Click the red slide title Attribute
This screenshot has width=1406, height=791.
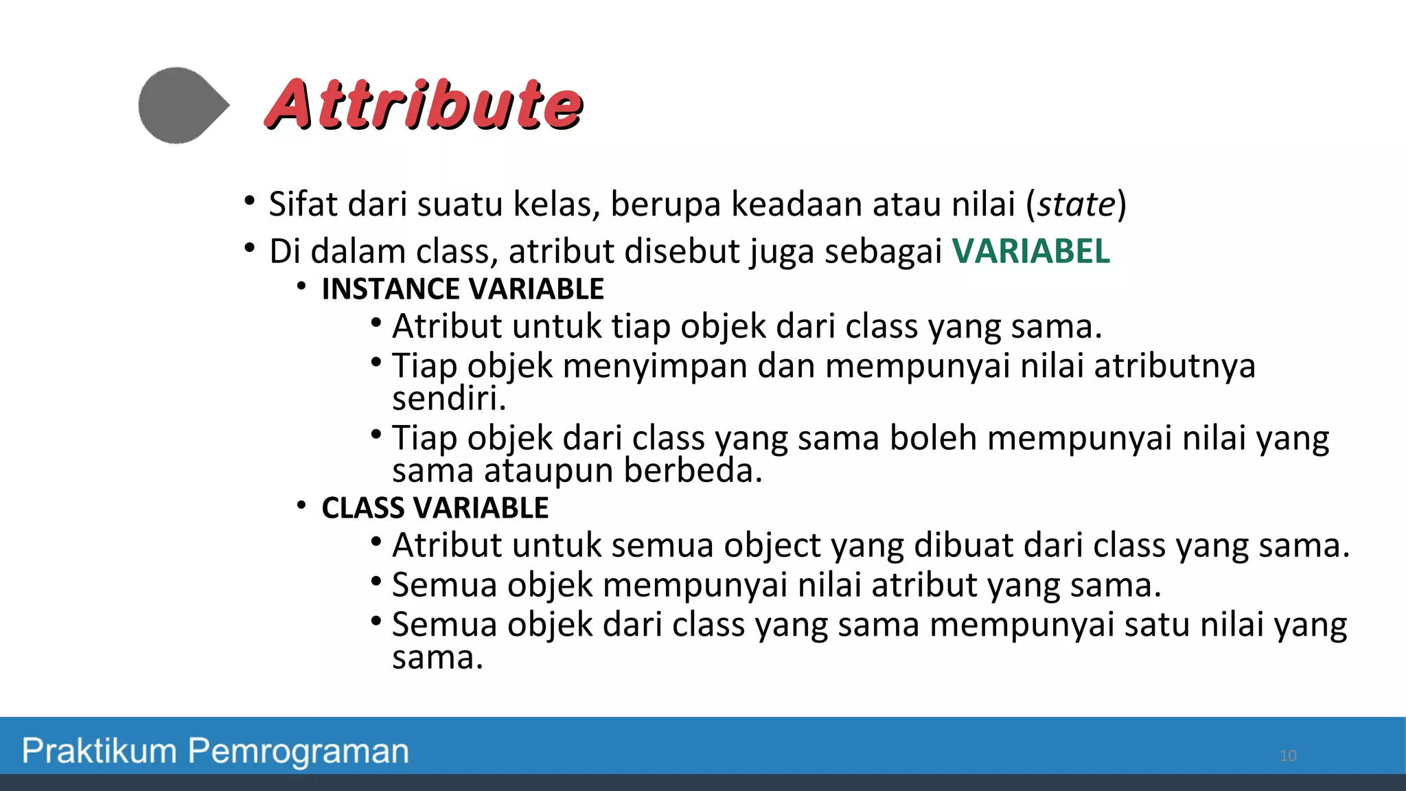tap(424, 104)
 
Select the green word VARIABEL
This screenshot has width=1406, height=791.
tap(1030, 251)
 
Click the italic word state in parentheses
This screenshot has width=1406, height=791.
tap(1076, 204)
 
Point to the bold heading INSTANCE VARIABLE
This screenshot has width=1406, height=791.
tap(463, 289)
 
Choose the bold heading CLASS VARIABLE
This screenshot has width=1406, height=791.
tap(435, 508)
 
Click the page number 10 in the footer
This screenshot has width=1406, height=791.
tap(1288, 756)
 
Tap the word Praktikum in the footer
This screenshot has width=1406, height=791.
tap(100, 750)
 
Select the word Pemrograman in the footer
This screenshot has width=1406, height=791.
tap(299, 751)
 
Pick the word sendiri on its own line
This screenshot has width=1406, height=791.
tap(448, 399)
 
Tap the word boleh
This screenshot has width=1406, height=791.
tap(933, 438)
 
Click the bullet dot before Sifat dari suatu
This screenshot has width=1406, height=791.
tap(250, 201)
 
